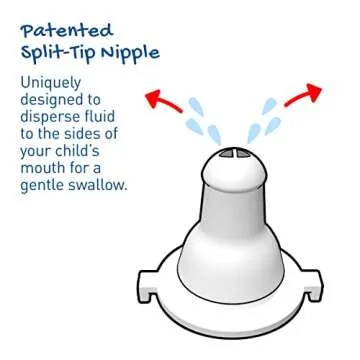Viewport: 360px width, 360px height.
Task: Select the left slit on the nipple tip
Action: pyautogui.click(x=228, y=155)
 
